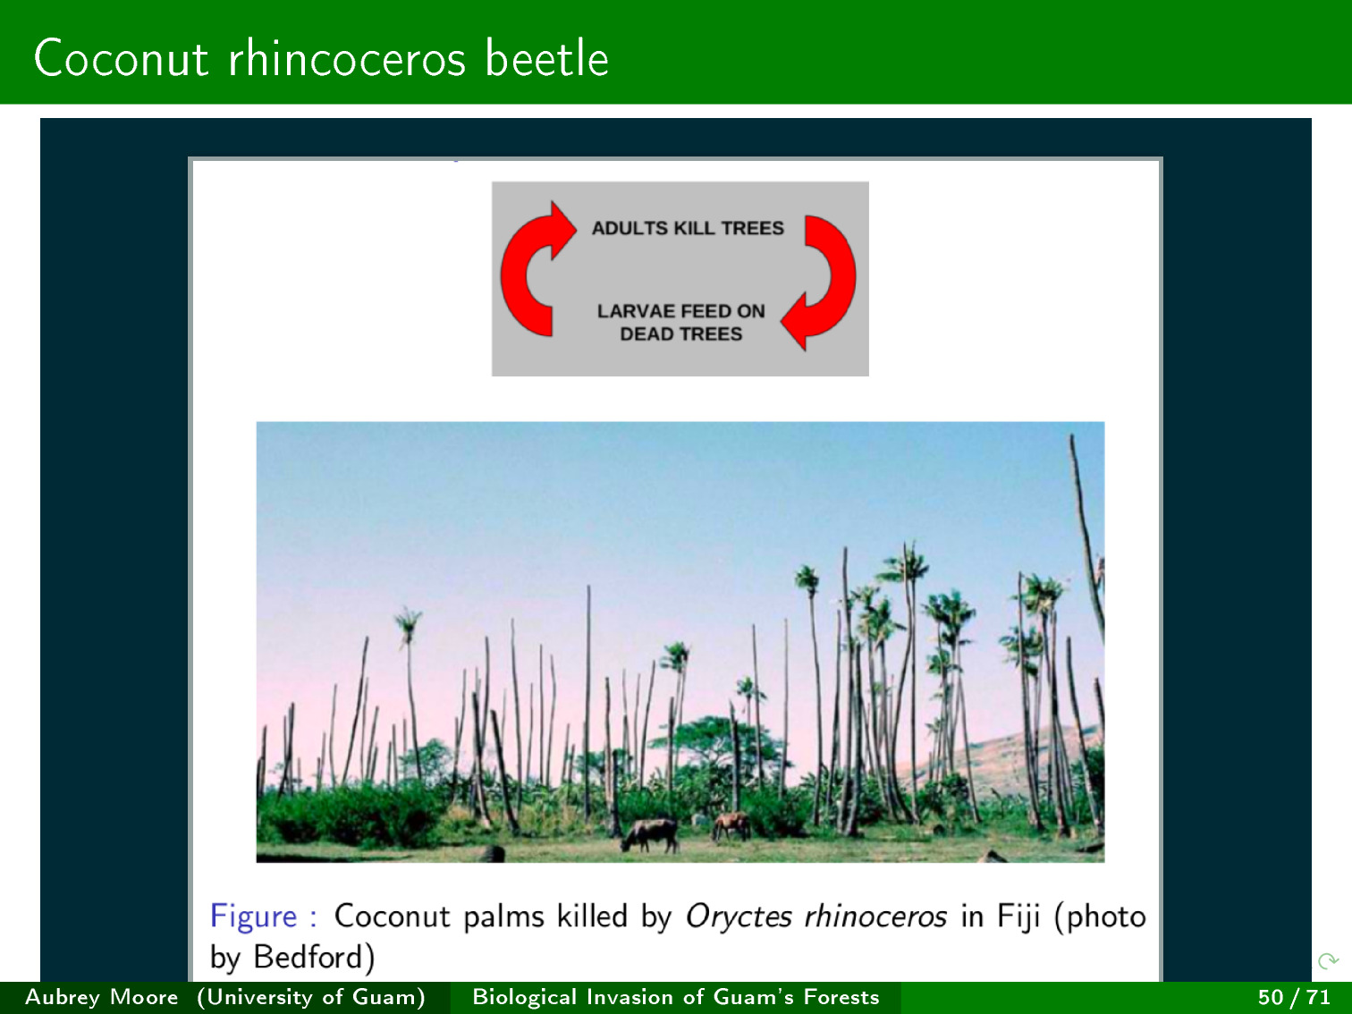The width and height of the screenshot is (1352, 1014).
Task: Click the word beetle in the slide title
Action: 546,58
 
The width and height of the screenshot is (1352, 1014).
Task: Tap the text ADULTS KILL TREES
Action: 688,228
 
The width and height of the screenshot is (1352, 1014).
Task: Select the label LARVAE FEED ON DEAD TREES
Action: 681,322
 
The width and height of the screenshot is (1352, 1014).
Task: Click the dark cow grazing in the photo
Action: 650,834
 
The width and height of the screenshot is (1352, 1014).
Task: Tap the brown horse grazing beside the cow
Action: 731,825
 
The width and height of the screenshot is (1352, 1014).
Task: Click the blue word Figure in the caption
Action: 253,917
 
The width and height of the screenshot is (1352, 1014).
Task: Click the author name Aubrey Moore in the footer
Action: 102,997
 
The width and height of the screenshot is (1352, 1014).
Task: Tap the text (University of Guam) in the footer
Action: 311,997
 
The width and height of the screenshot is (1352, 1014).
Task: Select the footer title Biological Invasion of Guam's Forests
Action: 676,997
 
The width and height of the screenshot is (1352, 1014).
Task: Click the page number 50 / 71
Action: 1294,997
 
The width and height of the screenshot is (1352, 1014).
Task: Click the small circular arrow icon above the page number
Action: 1328,960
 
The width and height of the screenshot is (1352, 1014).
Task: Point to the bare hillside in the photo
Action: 998,760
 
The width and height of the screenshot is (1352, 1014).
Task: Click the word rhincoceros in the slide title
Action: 347,58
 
